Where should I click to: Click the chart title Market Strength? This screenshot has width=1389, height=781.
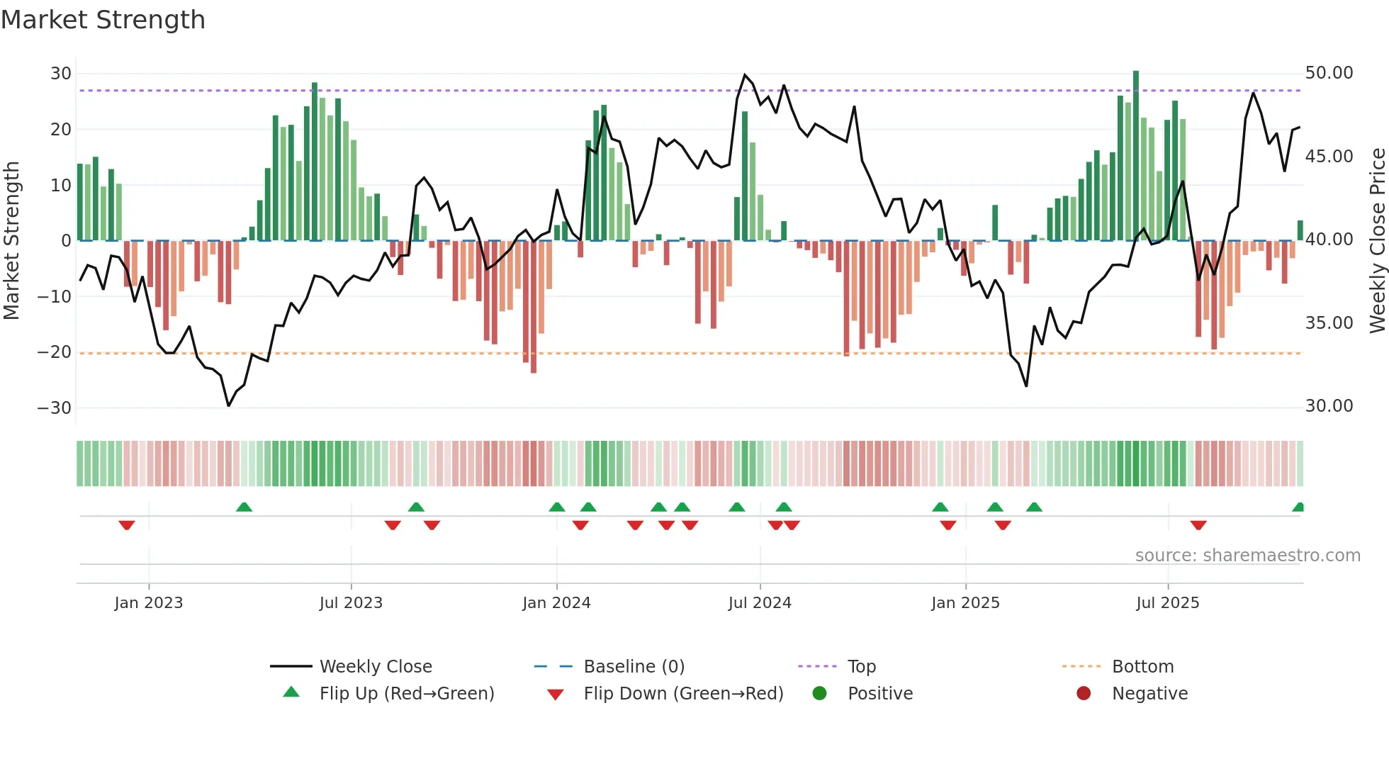(x=103, y=20)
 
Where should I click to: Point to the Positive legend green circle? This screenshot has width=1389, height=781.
(x=820, y=693)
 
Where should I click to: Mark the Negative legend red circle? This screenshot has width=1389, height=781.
(x=1084, y=693)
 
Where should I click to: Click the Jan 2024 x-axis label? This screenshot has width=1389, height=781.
(x=556, y=602)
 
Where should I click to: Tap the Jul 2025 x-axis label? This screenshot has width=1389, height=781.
(x=1167, y=602)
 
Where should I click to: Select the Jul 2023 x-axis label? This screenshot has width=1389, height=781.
(x=351, y=602)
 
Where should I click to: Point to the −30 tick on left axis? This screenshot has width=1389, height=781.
(x=55, y=408)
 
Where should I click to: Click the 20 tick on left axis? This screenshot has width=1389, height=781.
(x=60, y=129)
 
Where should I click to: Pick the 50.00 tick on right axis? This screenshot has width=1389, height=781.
(x=1329, y=73)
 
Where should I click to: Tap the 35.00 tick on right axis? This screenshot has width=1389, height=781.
(x=1329, y=322)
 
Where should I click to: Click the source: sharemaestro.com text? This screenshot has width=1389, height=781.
(x=1247, y=555)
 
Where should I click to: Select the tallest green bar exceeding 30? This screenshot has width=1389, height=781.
(x=1136, y=156)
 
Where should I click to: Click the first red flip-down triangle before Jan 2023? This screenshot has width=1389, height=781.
(x=127, y=525)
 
